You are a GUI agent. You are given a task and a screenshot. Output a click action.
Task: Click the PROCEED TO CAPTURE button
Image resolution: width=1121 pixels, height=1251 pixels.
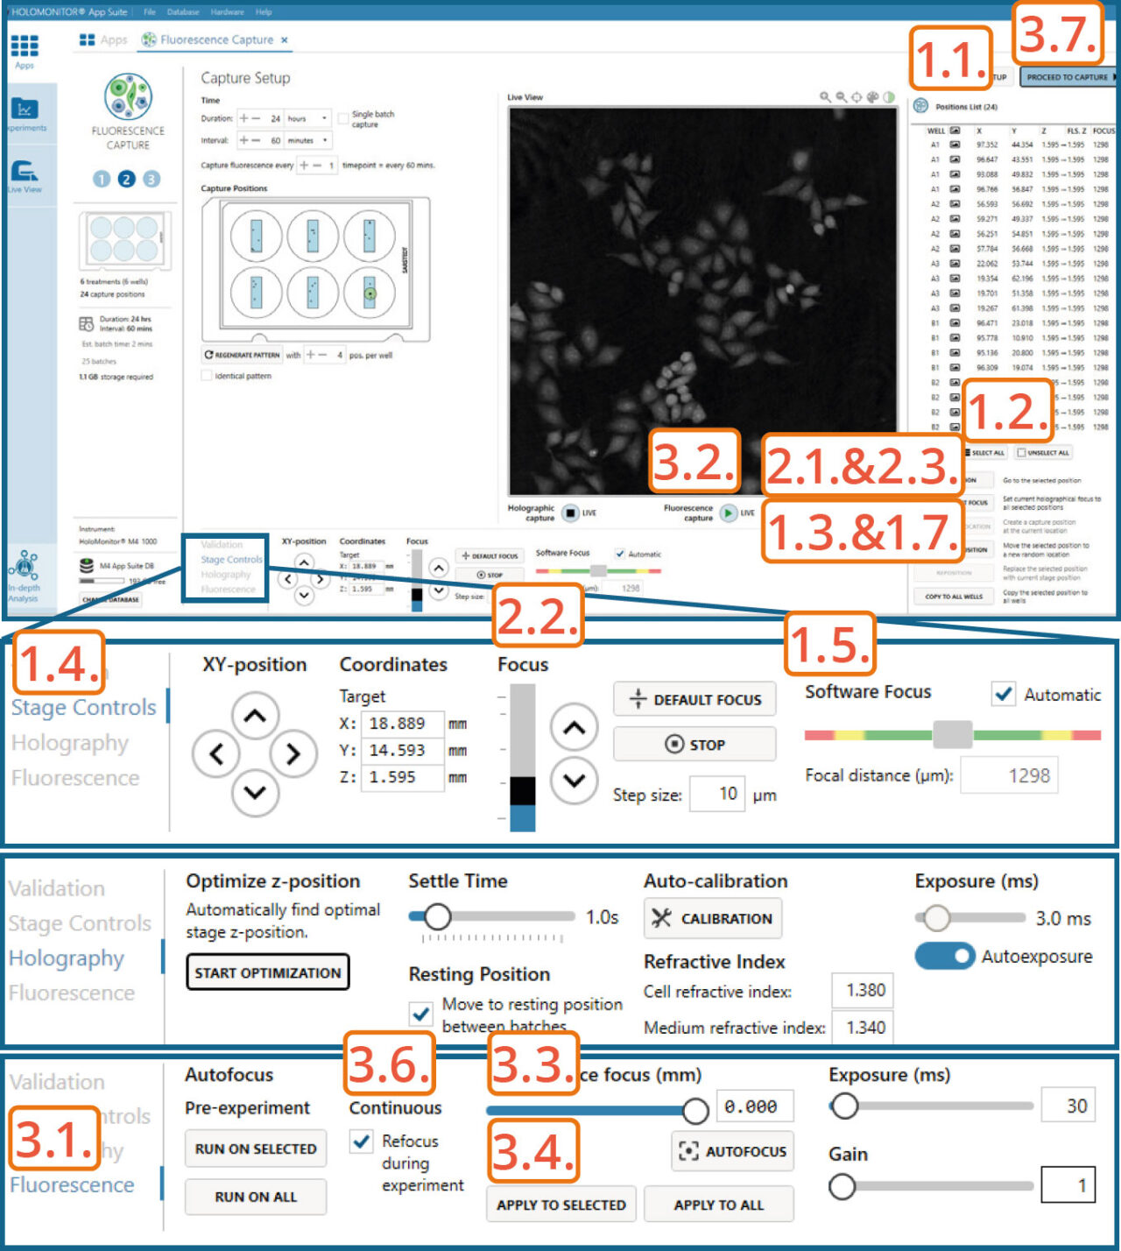tap(1068, 77)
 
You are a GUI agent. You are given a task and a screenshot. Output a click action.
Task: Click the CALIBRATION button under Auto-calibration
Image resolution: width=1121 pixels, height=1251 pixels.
tap(713, 918)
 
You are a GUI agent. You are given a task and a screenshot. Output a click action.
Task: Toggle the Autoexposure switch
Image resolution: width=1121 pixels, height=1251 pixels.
tap(944, 956)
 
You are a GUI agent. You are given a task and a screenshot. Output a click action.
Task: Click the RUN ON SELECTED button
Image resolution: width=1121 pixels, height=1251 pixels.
tap(256, 1149)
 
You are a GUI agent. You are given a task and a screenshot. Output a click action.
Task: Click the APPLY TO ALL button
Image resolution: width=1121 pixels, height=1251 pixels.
tap(718, 1205)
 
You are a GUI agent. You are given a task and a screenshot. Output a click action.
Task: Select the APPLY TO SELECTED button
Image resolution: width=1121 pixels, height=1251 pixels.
tap(560, 1205)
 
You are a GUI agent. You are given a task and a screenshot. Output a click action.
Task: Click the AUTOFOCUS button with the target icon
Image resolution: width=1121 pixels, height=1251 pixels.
tap(733, 1151)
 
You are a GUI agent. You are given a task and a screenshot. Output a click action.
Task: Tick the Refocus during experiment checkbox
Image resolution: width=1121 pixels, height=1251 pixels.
tap(361, 1141)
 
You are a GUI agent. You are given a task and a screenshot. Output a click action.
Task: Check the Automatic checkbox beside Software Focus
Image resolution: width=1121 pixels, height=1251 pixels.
tap(1004, 694)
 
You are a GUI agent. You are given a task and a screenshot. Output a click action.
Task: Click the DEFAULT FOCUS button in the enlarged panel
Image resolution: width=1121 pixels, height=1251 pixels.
tap(694, 699)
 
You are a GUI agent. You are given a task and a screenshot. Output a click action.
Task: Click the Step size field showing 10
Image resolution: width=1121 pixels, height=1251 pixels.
tap(717, 794)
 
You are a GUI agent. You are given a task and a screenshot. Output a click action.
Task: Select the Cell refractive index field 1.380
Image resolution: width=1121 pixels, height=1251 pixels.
tap(864, 990)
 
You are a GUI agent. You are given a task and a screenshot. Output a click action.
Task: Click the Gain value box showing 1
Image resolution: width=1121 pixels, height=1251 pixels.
tap(1068, 1185)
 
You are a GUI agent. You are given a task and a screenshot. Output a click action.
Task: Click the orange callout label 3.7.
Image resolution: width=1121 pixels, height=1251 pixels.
tap(1057, 34)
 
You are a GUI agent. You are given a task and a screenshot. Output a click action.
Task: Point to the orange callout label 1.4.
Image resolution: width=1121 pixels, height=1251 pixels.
tap(59, 663)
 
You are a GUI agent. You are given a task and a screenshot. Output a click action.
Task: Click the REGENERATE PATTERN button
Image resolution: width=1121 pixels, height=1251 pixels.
tap(243, 355)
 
